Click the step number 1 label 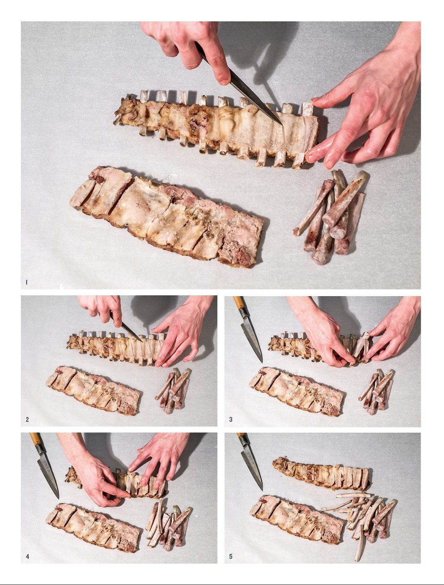[x=26, y=282]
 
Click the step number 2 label [x=27, y=419]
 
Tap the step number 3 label [x=231, y=419]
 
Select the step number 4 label [x=27, y=556]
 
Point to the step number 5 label [x=231, y=556]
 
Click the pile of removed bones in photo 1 [x=331, y=216]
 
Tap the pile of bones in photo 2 [x=173, y=391]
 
